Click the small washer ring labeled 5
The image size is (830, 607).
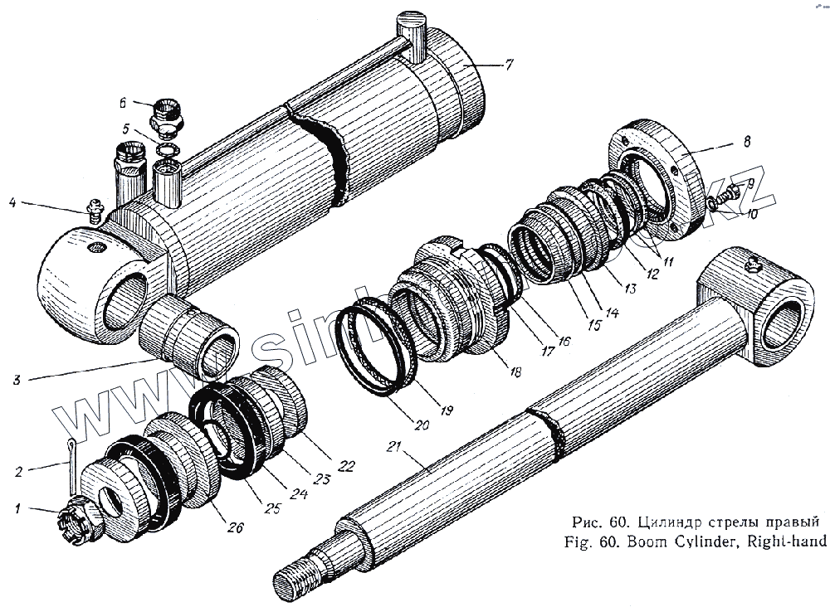pyautogui.click(x=167, y=151)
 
